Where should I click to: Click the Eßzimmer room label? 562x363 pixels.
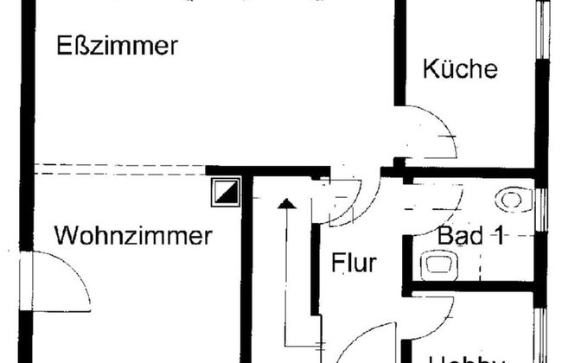(117, 45)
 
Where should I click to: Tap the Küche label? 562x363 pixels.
(461, 69)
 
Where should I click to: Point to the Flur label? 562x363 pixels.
(354, 263)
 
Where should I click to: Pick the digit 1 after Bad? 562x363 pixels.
(499, 235)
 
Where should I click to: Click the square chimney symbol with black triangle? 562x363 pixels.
(225, 193)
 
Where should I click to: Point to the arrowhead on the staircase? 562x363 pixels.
(286, 205)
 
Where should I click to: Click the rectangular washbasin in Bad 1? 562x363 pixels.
(437, 264)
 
